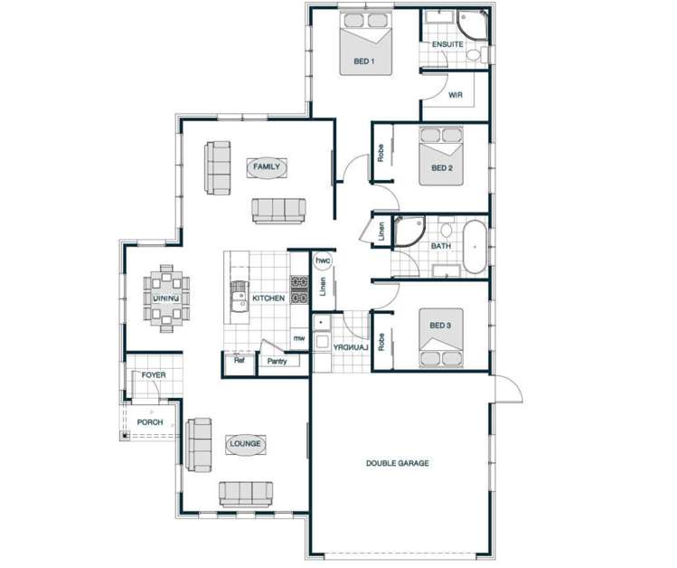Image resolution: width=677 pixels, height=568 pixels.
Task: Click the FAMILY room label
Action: pos(267,167)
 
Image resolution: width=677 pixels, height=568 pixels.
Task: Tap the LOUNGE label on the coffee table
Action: pos(245,444)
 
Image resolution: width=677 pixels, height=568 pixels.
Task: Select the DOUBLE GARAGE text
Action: pos(397,463)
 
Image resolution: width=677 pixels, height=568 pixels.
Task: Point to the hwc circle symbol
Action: pos(323,260)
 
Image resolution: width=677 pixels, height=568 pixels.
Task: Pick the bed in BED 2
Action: pos(441,155)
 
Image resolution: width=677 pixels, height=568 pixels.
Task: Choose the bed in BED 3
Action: pos(441,337)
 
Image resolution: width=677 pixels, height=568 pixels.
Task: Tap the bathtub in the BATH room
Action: pos(475,245)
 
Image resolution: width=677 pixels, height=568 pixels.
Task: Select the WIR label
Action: pos(456,95)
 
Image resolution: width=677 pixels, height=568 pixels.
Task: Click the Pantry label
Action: pos(277,361)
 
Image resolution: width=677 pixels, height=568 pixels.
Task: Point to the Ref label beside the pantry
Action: pos(240,361)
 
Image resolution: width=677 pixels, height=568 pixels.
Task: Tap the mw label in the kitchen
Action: pos(299,339)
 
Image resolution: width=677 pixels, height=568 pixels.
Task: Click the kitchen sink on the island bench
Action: pos(240,296)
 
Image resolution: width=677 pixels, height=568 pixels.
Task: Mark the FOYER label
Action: pos(154,374)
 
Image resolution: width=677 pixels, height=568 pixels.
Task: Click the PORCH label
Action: pos(150,422)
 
